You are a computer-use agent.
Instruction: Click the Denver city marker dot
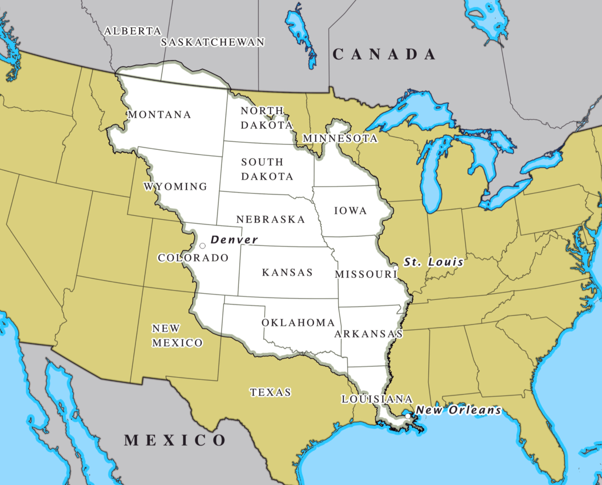tap(202, 246)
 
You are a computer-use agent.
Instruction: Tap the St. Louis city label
tap(434, 262)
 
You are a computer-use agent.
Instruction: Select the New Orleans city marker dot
tap(408, 416)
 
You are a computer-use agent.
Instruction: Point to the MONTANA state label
tap(160, 115)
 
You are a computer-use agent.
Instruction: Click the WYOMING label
tap(176, 186)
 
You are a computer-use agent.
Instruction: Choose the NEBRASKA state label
tap(270, 219)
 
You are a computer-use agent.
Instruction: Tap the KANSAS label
tap(287, 272)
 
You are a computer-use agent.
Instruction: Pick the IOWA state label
tap(350, 211)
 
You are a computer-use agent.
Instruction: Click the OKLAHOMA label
tap(298, 323)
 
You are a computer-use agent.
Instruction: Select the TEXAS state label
tap(270, 392)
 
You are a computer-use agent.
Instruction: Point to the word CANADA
tap(384, 54)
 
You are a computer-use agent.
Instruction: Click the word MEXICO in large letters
tap(175, 440)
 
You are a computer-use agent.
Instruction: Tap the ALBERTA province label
tap(132, 31)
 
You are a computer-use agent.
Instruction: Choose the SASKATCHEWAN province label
tap(213, 42)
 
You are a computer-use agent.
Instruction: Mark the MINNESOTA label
tap(340, 139)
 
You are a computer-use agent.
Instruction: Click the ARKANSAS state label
tap(369, 334)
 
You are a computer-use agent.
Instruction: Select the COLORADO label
tap(193, 258)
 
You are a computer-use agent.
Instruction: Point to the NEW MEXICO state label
tap(177, 336)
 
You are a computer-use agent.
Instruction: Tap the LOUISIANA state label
tap(377, 399)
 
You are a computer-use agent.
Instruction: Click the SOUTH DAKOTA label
tap(267, 169)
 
